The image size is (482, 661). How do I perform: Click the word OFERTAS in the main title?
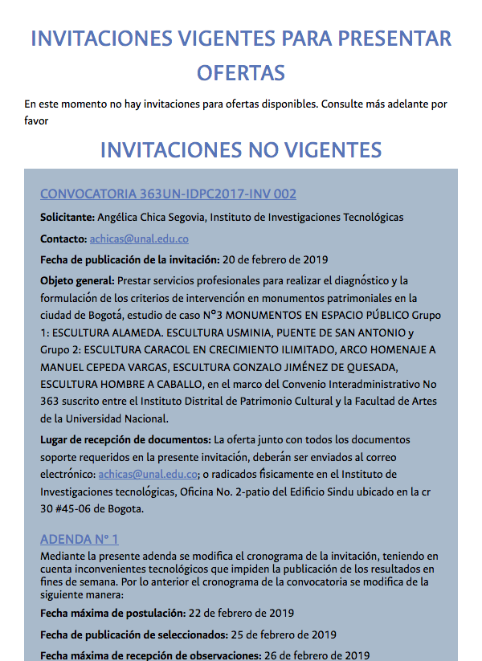point(241,72)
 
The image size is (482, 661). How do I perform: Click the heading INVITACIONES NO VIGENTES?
point(241,149)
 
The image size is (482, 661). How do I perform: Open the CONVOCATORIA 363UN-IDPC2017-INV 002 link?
point(168,194)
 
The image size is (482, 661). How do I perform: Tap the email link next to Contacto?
point(139,239)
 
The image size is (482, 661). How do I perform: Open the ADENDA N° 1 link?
point(79,539)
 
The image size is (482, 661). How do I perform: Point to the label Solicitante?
point(67,217)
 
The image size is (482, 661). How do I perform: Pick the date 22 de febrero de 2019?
point(242,612)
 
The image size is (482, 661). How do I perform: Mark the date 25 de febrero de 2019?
point(284,634)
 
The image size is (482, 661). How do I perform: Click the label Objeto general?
point(77,280)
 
